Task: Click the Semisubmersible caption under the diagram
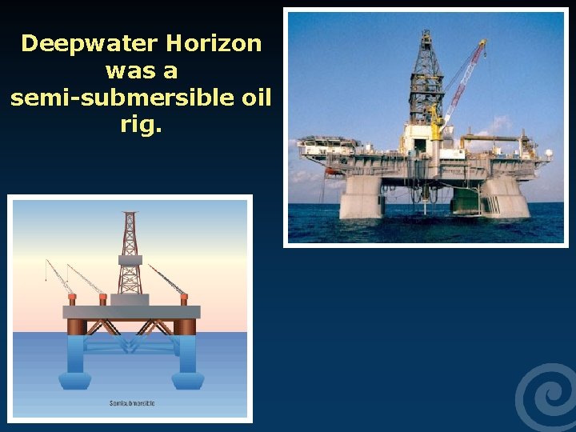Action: click(132, 402)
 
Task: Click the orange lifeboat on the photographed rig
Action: click(330, 170)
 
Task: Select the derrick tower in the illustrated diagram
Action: click(130, 252)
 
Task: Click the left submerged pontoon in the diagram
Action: click(77, 379)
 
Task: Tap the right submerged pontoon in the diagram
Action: click(188, 379)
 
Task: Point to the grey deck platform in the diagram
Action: click(132, 311)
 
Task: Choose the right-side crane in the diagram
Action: click(168, 281)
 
